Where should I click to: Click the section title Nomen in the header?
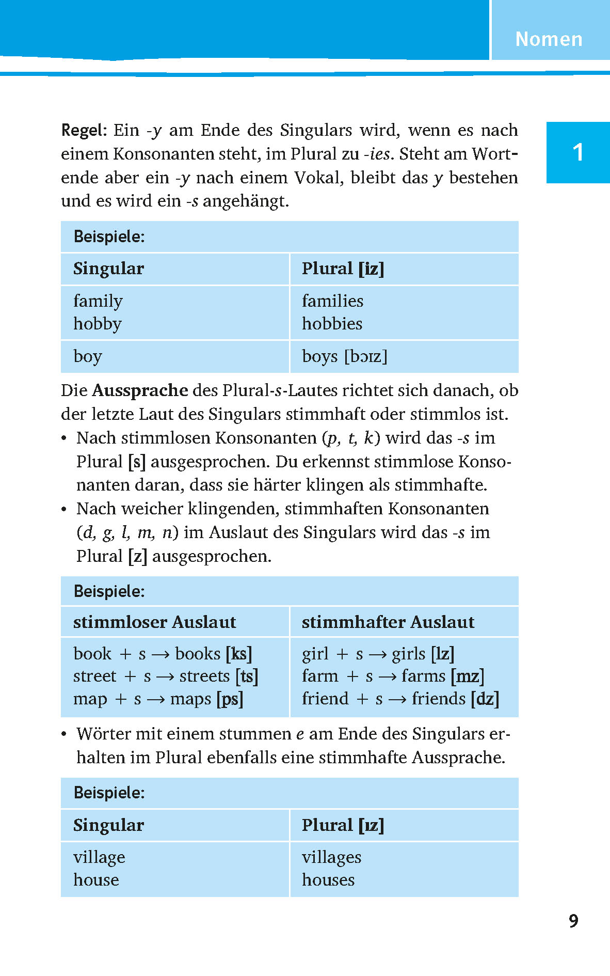549,39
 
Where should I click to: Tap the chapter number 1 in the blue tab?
578,152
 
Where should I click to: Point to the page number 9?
573,921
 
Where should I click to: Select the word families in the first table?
332,301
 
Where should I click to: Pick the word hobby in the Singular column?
98,324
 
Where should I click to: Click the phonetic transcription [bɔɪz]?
366,356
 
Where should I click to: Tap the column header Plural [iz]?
343,269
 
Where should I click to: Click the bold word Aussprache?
140,390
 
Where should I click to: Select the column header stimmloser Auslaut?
154,622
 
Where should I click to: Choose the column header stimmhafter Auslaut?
388,622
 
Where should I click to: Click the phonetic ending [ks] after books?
238,654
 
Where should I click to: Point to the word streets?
204,676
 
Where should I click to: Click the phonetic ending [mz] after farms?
467,676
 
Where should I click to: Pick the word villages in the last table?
331,857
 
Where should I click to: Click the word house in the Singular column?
96,880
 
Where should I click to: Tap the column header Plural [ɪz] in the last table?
343,825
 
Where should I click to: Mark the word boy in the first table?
88,356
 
